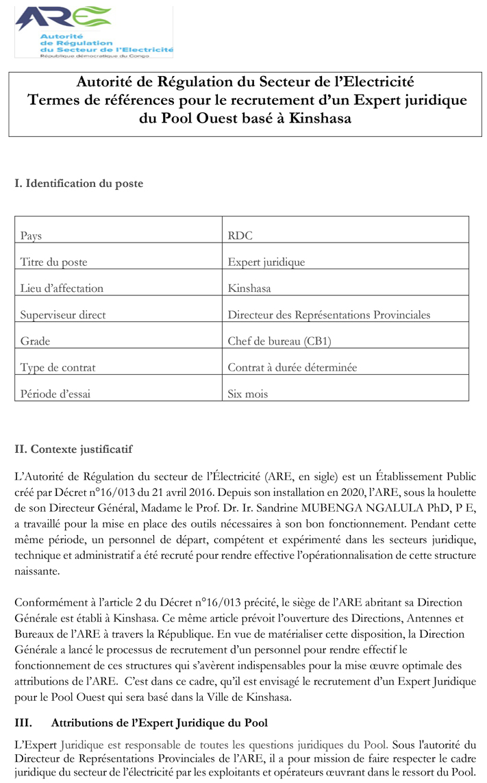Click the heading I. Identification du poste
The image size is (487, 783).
pos(79,184)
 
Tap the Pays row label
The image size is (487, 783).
pos(32,236)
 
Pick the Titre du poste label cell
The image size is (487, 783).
pos(54,262)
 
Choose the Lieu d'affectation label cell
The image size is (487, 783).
pos(62,288)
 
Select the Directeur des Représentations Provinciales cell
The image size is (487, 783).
pos(329,315)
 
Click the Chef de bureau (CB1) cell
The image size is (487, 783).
pos(284,341)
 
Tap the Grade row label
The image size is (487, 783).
pos(36,341)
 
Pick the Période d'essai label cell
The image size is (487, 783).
pos(55,394)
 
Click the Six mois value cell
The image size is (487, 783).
pos(248,394)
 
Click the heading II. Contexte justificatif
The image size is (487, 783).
pos(73,449)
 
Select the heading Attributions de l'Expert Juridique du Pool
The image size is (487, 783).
pos(160,723)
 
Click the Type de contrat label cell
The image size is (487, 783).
pos(58,368)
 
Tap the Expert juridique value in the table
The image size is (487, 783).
pos(266,262)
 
